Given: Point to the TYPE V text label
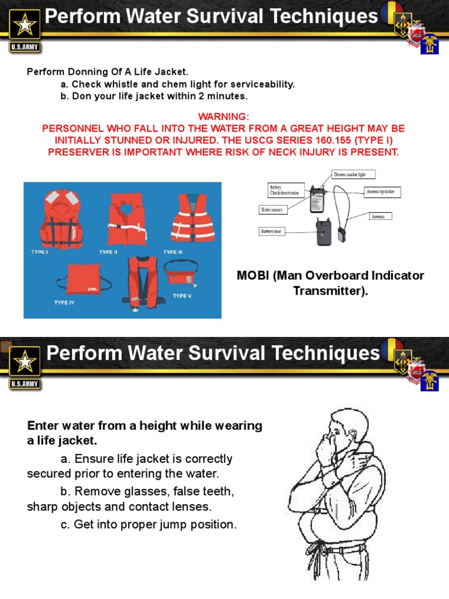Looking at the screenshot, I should [x=182, y=295].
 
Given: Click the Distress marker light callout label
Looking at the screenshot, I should [x=354, y=174].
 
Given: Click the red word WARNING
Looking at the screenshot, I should [x=223, y=116].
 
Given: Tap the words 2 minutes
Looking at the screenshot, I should [x=224, y=96].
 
